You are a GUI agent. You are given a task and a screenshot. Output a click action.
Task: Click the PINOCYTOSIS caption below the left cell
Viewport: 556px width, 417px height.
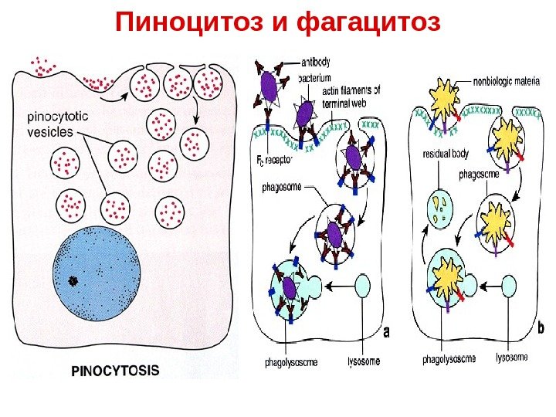(116, 370)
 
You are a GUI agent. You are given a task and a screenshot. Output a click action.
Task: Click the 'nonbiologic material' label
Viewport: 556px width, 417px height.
(506, 78)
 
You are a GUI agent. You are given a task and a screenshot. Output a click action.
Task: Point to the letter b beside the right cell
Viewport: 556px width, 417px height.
(540, 329)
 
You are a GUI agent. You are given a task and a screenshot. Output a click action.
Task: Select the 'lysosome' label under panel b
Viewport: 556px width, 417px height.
(511, 358)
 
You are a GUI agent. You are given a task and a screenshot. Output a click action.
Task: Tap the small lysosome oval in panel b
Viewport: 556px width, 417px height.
(509, 286)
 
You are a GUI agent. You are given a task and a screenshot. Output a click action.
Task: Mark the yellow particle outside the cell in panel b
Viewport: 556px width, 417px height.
(448, 97)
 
